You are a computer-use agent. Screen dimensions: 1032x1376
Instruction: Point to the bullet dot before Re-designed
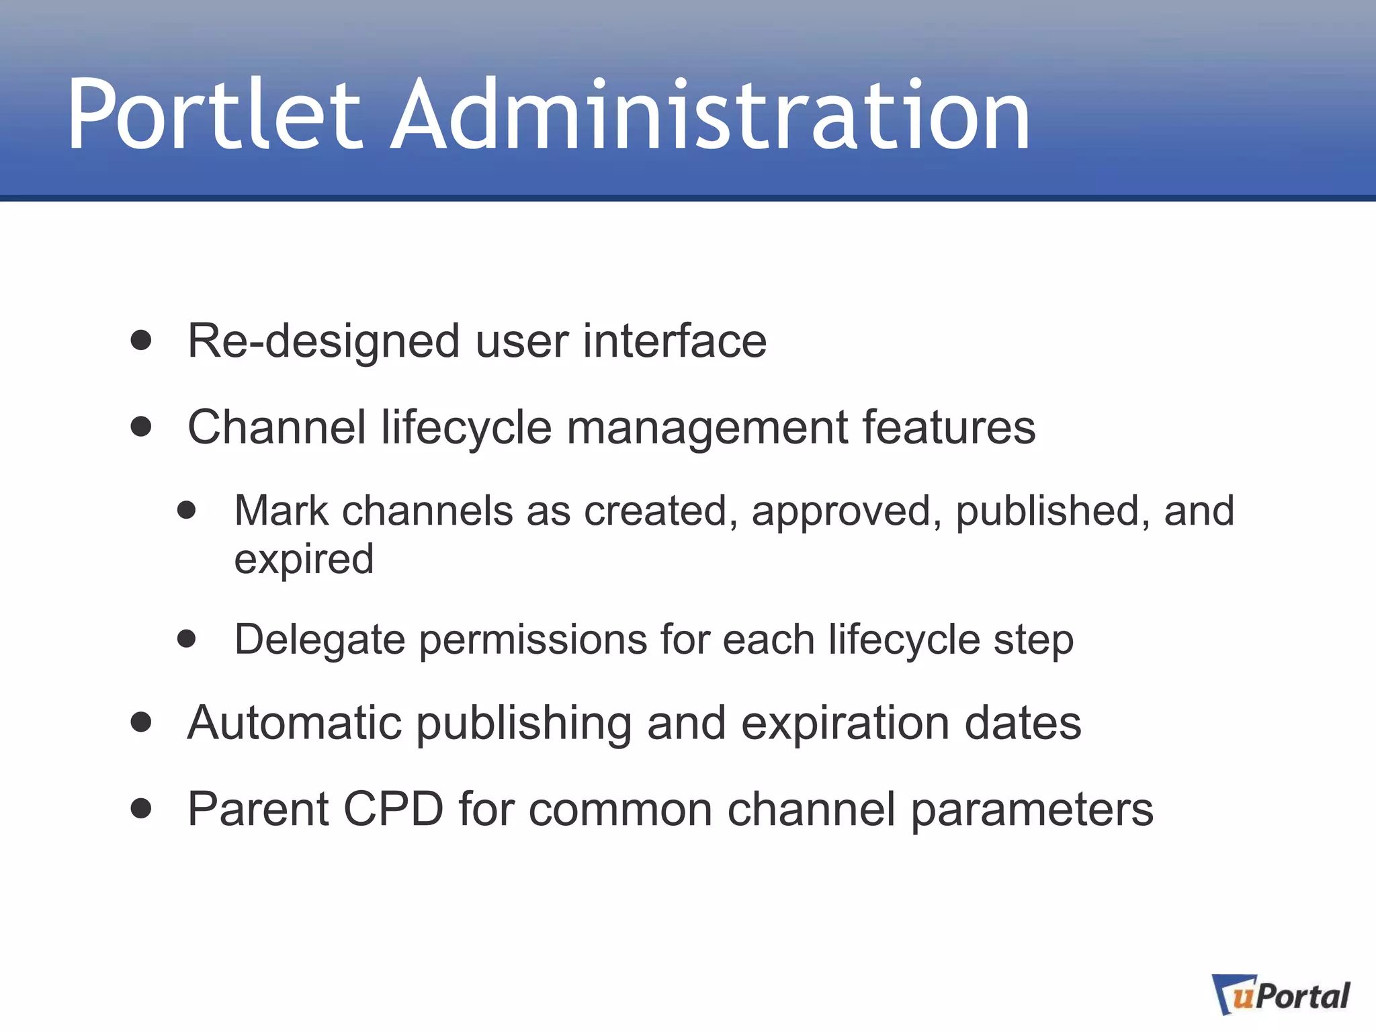(x=141, y=340)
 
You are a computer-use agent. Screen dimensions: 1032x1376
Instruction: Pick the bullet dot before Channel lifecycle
(x=141, y=427)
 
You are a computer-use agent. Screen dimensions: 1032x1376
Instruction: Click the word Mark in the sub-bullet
(x=281, y=511)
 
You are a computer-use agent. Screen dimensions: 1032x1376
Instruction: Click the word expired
(x=304, y=560)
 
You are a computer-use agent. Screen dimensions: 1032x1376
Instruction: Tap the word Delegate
(x=319, y=640)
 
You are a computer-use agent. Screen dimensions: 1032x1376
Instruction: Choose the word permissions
(x=533, y=640)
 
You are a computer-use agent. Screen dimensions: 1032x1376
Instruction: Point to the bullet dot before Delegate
(x=187, y=638)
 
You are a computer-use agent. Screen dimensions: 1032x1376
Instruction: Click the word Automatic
(x=294, y=724)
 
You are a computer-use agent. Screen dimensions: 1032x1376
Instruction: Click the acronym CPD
(x=393, y=809)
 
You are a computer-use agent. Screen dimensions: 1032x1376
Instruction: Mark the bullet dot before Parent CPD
(x=141, y=808)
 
